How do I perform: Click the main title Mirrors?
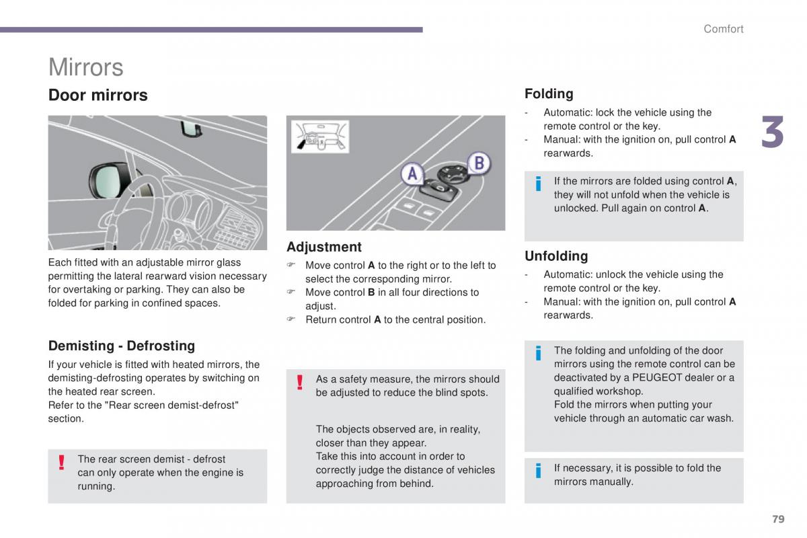point(86,67)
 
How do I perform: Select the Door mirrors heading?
point(98,95)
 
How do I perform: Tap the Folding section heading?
point(549,93)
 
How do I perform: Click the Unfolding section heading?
point(556,256)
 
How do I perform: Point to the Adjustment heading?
point(324,247)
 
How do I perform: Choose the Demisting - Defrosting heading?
point(121,346)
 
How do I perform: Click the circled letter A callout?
point(412,174)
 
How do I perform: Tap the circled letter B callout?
point(479,163)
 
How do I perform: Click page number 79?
point(778,518)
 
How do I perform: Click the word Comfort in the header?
point(723,29)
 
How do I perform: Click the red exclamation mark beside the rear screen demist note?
point(61,462)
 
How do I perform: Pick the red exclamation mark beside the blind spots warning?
point(300,382)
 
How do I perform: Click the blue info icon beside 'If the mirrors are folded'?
point(538,184)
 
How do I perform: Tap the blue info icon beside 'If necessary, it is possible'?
point(538,471)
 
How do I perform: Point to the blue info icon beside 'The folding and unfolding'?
point(538,353)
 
